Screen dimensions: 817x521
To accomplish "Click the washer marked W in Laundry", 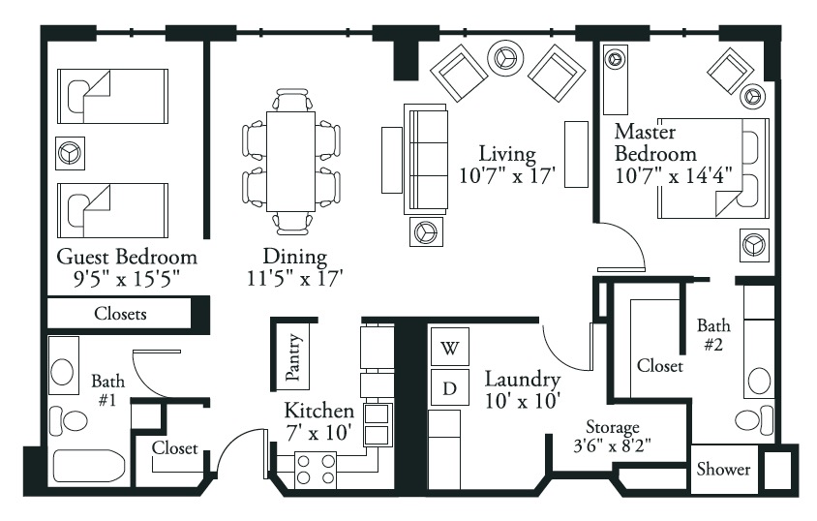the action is point(450,347).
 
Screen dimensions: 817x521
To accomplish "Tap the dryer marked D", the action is point(450,387).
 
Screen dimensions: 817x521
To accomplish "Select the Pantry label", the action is point(293,357).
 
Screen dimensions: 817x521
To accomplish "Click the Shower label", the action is point(724,469).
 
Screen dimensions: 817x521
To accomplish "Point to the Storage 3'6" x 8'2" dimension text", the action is point(613,446).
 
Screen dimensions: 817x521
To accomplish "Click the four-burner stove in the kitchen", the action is point(316,471).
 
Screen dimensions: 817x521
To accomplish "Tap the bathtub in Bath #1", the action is point(89,467).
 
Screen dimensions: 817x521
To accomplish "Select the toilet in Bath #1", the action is point(69,421).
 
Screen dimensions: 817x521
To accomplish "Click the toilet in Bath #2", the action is point(754,420).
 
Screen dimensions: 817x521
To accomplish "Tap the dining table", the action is point(290,162).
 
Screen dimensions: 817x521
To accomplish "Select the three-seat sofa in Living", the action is point(426,159).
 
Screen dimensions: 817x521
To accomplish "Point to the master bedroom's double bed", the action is point(713,169).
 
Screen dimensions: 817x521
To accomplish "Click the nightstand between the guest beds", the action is point(71,153).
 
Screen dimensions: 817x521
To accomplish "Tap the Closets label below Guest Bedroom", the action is point(120,314).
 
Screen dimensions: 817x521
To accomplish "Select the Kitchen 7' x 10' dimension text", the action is point(318,433).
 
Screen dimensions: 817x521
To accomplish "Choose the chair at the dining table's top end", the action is point(293,100).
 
